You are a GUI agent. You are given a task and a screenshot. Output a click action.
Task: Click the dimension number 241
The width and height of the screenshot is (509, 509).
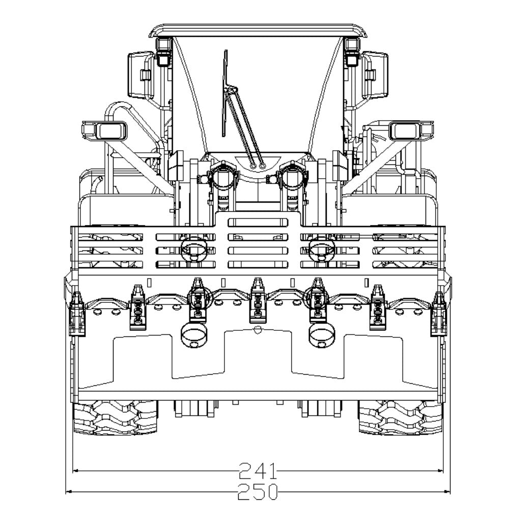pos(258,471)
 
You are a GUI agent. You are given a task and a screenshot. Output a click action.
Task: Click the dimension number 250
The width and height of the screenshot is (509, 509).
pos(258,492)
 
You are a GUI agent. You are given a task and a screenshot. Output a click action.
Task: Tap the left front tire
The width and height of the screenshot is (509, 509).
pos(116,417)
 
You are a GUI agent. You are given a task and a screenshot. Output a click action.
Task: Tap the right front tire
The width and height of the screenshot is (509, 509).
pos(400,417)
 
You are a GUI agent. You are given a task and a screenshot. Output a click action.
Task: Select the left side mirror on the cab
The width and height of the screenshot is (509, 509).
pos(140,75)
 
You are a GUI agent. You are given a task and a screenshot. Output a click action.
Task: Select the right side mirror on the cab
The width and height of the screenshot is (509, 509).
pos(375,75)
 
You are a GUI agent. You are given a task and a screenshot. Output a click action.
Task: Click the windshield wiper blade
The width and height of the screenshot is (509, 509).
pos(224,93)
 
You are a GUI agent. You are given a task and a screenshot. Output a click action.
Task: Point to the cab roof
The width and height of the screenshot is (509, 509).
pos(259,30)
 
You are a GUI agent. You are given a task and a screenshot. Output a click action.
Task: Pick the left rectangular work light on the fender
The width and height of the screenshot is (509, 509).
pos(104,130)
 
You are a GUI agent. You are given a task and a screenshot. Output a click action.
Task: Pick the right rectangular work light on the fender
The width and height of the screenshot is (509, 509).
pos(411,130)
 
